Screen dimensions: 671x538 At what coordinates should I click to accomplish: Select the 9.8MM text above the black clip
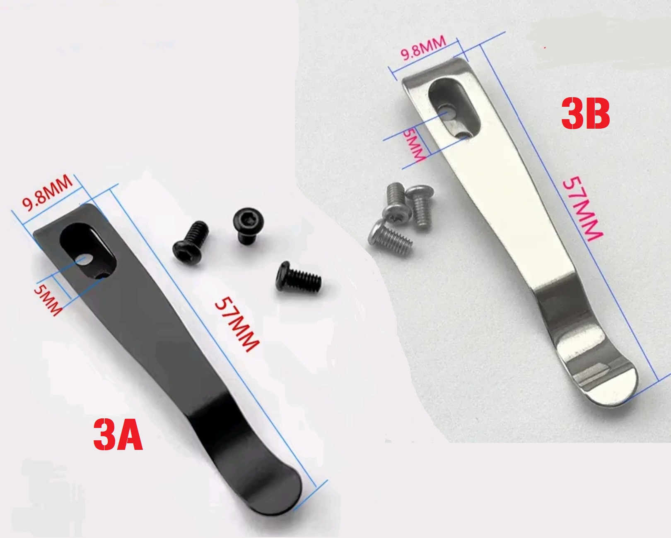[x=47, y=193]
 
